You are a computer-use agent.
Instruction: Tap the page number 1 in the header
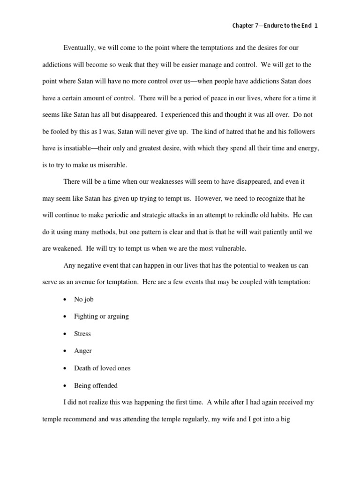pos(316,26)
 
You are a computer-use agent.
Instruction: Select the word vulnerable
pos(228,248)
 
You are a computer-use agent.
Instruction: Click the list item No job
pos(84,299)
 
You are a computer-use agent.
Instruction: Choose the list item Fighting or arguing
pos(101,316)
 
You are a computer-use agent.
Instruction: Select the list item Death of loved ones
pos(102,368)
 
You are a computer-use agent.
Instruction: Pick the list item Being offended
pos(96,386)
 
